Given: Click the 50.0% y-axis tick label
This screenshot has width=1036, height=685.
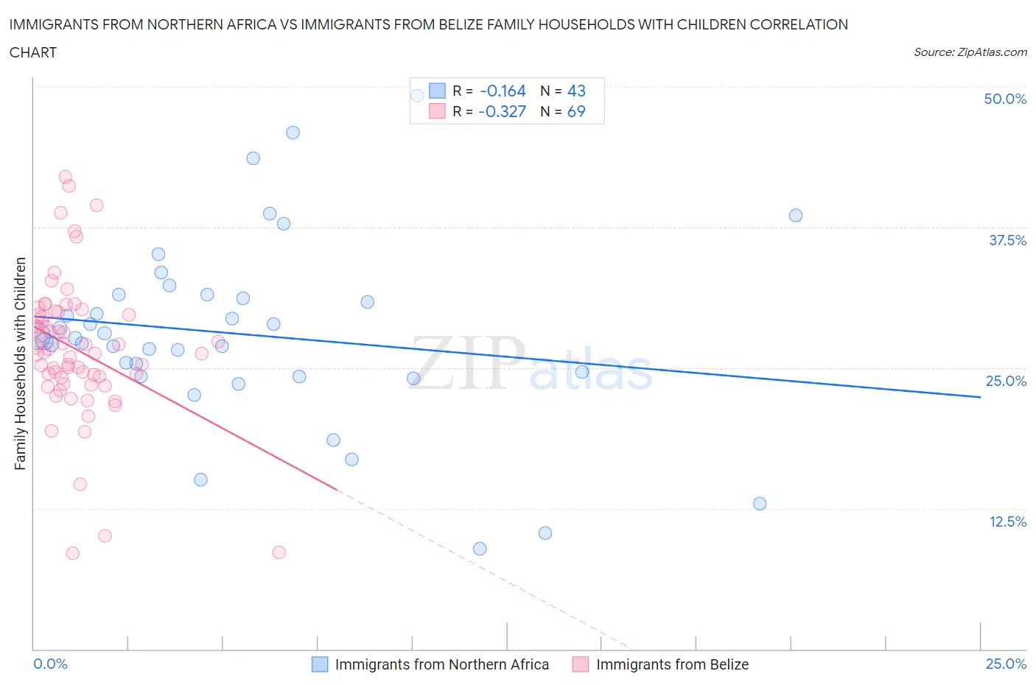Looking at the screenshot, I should [x=1004, y=99].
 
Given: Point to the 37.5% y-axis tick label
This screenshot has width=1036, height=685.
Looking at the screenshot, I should [x=1007, y=240].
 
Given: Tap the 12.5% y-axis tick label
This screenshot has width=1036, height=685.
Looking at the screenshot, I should [x=1007, y=521].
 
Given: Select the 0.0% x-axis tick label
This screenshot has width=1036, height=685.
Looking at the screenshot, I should [x=50, y=664].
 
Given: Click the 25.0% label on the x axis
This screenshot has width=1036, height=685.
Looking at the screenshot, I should [x=1006, y=664].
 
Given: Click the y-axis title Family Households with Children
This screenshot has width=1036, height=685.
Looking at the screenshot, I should [x=20, y=363].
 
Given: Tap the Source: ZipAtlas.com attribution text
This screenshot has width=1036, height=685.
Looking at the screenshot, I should [x=970, y=52].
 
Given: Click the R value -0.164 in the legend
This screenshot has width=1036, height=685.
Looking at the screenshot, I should [x=503, y=91].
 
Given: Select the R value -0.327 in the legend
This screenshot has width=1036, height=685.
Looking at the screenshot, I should [x=502, y=111].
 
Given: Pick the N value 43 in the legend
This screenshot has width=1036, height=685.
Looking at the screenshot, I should [x=576, y=91].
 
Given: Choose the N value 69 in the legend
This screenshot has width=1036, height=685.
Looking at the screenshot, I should [x=576, y=111].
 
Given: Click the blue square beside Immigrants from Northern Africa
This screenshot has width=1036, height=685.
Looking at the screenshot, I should [x=320, y=664].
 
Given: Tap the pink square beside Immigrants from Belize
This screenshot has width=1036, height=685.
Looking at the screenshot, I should [x=581, y=664].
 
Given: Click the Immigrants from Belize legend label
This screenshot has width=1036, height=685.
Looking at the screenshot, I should [x=672, y=664].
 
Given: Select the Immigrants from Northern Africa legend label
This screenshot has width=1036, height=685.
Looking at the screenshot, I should [x=441, y=664].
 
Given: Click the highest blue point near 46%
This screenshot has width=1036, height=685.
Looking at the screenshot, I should [x=293, y=133].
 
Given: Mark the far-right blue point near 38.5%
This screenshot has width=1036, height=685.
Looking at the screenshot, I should [x=795, y=216].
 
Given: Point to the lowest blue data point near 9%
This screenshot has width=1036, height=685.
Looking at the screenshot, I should [x=480, y=549].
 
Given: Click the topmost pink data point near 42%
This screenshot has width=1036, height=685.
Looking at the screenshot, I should [x=65, y=177].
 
